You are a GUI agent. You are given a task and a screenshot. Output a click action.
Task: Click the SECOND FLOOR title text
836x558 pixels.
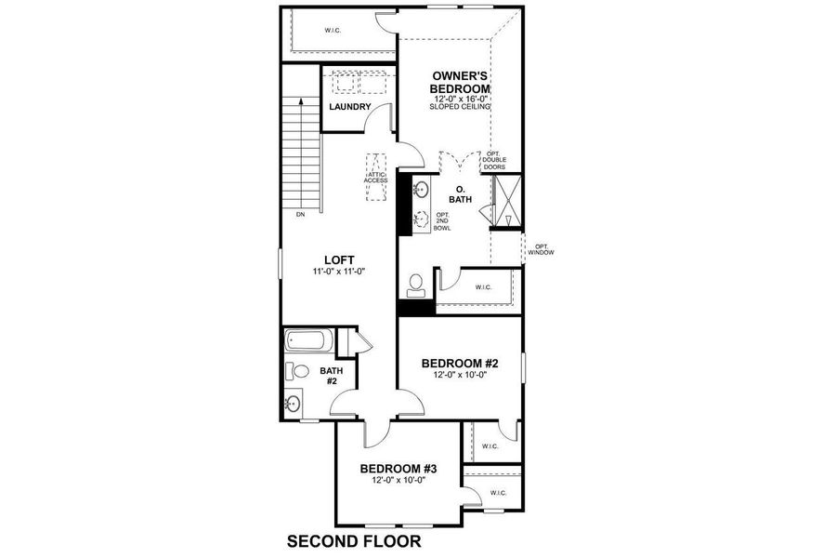coord(354,540)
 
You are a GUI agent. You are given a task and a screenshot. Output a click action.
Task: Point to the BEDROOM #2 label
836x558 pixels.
coord(460,364)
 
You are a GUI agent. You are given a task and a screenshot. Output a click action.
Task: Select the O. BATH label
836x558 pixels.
coord(460,193)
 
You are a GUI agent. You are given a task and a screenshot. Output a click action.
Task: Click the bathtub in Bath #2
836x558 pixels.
coord(307,341)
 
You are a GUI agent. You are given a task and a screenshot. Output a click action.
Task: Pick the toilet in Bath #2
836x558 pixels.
coord(297,371)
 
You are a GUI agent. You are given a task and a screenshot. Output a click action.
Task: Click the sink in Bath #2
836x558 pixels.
coord(293,404)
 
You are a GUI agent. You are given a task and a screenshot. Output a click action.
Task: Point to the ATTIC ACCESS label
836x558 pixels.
coord(375,177)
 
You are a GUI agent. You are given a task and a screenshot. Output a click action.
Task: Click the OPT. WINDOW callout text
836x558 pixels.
coord(539,249)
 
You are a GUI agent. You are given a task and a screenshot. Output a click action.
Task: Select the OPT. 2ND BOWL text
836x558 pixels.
coord(442,221)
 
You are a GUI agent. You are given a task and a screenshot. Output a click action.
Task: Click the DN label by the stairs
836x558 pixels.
coord(300,215)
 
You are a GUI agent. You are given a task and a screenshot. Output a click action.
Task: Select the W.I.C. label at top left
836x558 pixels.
coord(332,31)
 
